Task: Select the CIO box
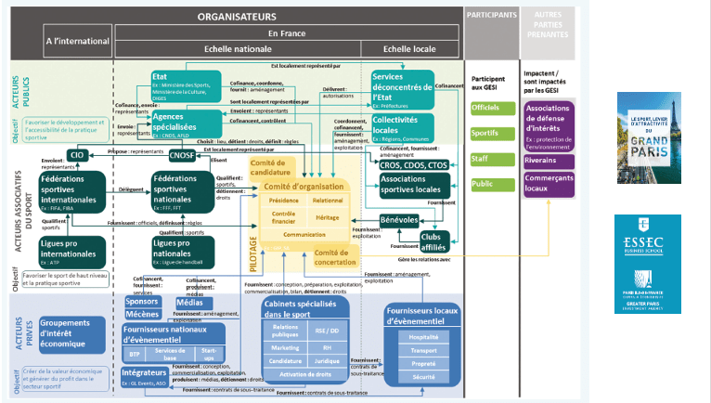click(76, 155)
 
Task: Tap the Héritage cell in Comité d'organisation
click(327, 215)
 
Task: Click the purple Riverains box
click(549, 159)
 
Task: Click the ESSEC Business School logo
click(647, 231)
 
